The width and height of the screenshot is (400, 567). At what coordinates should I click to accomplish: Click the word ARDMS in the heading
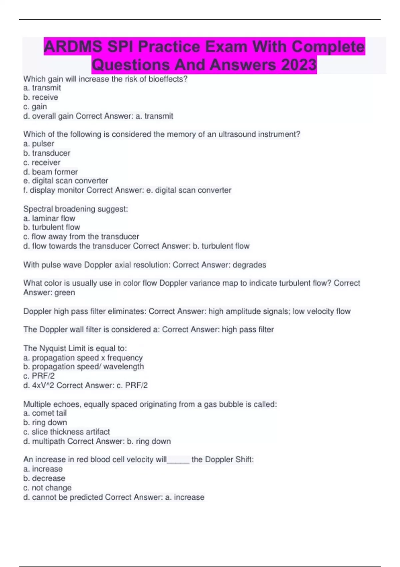coord(73,46)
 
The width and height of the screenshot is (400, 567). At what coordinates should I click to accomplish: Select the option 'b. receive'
coord(41,97)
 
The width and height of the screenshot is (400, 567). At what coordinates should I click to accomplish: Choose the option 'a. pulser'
coord(39,144)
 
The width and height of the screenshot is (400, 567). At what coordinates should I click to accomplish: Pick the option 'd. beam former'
coord(50,172)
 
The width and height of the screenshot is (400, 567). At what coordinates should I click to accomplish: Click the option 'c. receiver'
coord(42,162)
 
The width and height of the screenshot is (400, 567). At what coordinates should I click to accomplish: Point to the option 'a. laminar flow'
coord(49,218)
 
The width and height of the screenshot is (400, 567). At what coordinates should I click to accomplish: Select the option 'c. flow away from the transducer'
coord(81,236)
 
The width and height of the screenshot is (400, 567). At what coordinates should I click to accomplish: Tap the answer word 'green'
coord(65,293)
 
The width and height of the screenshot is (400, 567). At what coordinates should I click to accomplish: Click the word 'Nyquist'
coord(53,348)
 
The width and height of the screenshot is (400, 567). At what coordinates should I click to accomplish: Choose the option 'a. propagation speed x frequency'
coord(83,358)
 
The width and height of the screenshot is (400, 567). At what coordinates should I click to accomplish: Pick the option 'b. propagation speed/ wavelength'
coord(84,367)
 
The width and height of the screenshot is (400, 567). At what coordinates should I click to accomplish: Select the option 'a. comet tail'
coord(45,413)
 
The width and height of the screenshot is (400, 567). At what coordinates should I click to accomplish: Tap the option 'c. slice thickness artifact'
coord(66,432)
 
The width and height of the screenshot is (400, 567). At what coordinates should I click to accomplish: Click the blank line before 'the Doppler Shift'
coord(178,460)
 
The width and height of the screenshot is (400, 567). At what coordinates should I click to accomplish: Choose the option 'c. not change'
coord(47,488)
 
